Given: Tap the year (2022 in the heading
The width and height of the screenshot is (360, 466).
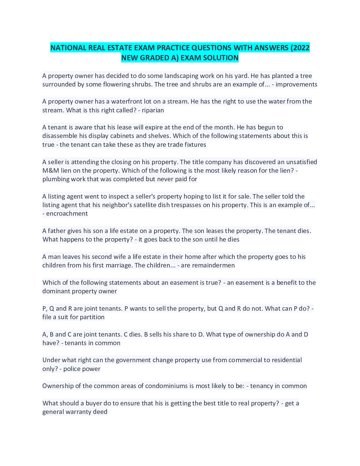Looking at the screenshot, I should tap(300, 48).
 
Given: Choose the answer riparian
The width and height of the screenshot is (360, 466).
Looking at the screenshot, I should tap(153, 110).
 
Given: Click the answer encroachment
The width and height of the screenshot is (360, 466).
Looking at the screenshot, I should tap(67, 214).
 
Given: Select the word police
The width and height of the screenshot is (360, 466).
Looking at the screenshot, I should tap(72, 369).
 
